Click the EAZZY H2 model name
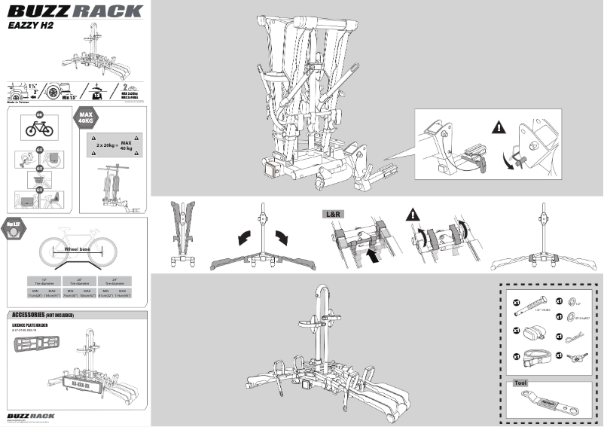(30, 24)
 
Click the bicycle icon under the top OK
(39, 128)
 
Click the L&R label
(334, 215)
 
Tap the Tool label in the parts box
(520, 383)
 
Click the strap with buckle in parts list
(538, 358)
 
